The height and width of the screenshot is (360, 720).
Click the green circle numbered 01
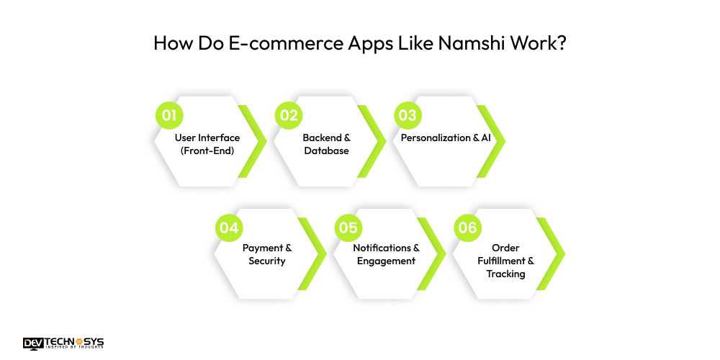click(x=169, y=115)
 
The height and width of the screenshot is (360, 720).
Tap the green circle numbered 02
click(x=289, y=115)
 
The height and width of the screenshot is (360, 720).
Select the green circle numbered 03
click(x=408, y=115)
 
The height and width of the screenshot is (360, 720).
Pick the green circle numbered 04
click(x=229, y=228)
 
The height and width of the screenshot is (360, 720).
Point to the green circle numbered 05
click(x=348, y=228)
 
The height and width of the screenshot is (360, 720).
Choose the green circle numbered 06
click(x=467, y=228)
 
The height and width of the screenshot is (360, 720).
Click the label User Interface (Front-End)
click(x=207, y=144)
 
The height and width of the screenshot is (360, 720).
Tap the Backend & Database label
click(x=326, y=144)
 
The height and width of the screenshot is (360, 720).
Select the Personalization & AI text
click(x=445, y=138)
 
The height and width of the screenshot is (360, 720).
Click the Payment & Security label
click(x=266, y=254)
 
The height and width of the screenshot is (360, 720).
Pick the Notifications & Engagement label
click(x=386, y=254)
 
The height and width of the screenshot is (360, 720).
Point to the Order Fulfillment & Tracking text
click(x=505, y=261)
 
